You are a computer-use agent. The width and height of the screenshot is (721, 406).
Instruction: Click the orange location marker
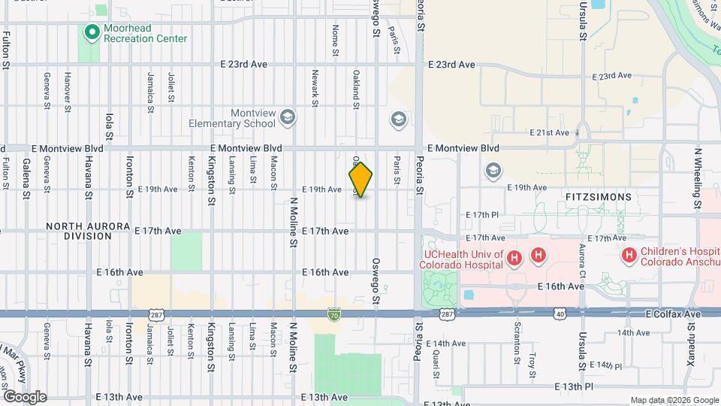(x=361, y=180)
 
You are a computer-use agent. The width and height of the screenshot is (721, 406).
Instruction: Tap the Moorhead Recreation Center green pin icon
(x=92, y=32)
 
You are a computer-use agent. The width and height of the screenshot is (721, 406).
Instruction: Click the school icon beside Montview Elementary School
(x=287, y=118)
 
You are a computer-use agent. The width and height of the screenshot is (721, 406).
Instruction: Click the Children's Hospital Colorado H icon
(x=629, y=256)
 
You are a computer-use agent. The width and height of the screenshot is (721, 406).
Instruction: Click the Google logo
(x=24, y=397)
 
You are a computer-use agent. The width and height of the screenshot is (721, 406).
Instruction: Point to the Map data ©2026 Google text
(x=674, y=400)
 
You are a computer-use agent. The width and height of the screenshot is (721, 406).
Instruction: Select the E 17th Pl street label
(x=482, y=214)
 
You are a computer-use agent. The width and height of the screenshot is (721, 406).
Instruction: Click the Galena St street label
(x=26, y=183)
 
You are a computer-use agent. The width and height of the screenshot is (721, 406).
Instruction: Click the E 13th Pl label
(x=575, y=386)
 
